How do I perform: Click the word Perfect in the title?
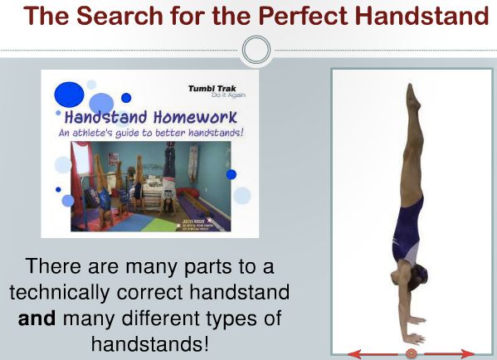(298, 17)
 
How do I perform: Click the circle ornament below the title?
(256, 50)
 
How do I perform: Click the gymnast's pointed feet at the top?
(411, 94)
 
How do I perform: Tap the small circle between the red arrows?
(411, 354)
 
